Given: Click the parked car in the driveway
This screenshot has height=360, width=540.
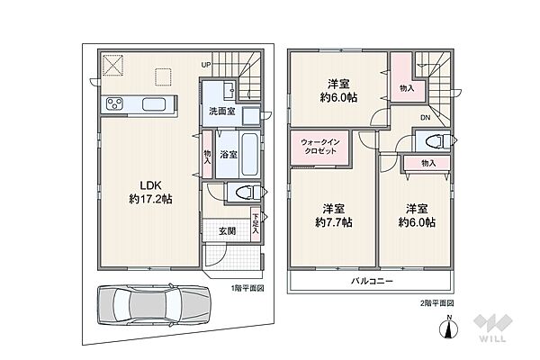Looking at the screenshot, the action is point(153,305).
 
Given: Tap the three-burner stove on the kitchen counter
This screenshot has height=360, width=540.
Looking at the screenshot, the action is point(114,103).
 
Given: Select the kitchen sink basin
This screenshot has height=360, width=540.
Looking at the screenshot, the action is point(154,104).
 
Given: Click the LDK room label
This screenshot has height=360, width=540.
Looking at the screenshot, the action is point(151,185).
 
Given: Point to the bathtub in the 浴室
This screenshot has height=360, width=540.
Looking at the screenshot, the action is point(250,154).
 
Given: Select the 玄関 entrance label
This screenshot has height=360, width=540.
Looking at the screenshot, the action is point(228,230).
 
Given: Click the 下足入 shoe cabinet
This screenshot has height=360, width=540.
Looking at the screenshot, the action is point(256,225).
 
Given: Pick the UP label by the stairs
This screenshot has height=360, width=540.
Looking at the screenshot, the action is point(206,65).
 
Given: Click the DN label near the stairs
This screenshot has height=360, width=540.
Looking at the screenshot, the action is point(426,118).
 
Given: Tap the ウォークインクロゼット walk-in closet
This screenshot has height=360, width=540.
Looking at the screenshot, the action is point(320,147).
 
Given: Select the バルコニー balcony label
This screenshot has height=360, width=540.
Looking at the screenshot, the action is point(372,281).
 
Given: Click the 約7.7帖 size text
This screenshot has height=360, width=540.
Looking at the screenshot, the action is point(334,222).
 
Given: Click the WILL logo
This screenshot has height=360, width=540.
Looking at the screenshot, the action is point(492,328).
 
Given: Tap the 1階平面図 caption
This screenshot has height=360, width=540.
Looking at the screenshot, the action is point(247,288).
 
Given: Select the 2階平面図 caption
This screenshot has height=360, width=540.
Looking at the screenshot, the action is point(436,303).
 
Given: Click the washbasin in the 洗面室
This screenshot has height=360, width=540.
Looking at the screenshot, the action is point(229,90).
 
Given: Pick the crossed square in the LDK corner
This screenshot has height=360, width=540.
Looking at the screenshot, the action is point(113,65).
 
